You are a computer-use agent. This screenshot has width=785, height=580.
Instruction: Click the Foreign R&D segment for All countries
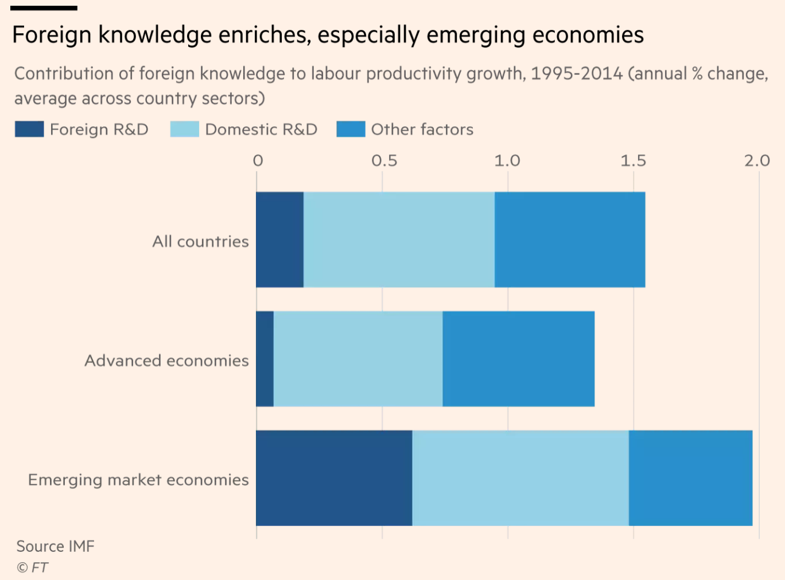[279, 239]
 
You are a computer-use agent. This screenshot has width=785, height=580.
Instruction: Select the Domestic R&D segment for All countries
[399, 239]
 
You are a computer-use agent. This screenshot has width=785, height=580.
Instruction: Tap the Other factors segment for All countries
[570, 239]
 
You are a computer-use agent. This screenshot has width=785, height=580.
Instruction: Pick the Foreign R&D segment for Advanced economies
[265, 359]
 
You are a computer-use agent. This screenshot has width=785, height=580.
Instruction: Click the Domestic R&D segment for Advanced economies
[358, 359]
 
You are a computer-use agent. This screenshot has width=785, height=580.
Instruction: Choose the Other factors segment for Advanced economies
[518, 359]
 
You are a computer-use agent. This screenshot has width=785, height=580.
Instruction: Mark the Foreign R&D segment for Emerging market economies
[334, 478]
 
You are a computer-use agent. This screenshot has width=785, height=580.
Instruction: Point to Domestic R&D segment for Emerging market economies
[520, 478]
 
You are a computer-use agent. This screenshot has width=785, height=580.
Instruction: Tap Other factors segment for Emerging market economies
[690, 478]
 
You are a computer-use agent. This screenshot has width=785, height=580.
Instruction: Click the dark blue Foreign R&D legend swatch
[29, 129]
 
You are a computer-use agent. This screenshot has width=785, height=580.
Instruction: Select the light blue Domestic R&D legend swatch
[184, 129]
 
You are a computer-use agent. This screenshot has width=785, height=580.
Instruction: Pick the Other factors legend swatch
[351, 129]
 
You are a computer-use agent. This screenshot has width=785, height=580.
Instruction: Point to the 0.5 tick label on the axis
[384, 161]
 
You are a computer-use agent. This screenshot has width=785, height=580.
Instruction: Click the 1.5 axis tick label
[633, 161]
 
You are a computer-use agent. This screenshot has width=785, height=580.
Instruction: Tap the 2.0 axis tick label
[757, 161]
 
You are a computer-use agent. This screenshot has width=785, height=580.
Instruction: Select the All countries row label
[200, 241]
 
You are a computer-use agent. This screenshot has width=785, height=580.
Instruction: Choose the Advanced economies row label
[166, 361]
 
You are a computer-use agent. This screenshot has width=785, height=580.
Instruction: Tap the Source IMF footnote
[55, 546]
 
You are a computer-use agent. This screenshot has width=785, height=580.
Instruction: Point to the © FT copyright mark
[32, 567]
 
